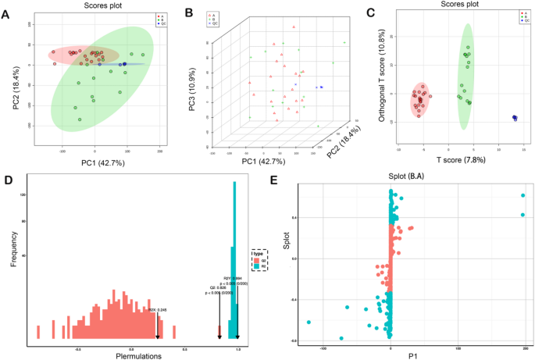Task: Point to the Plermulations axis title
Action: [x=138, y=355]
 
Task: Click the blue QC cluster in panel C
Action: [x=515, y=118]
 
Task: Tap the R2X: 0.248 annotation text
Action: [x=159, y=310]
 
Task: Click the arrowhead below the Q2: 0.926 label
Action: [x=219, y=337]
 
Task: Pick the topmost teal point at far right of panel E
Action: [x=523, y=196]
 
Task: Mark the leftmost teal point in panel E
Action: [x=309, y=322]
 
